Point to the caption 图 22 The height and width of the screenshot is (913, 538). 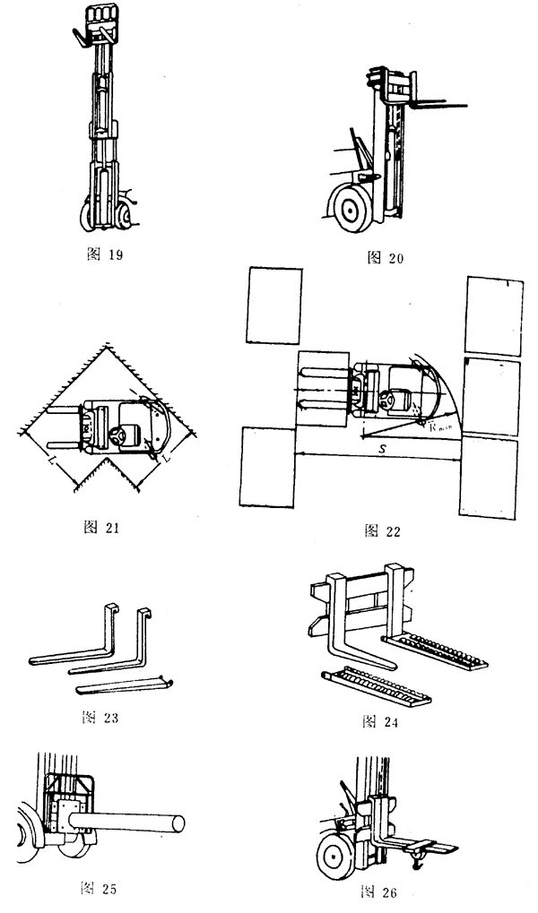[383, 530]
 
